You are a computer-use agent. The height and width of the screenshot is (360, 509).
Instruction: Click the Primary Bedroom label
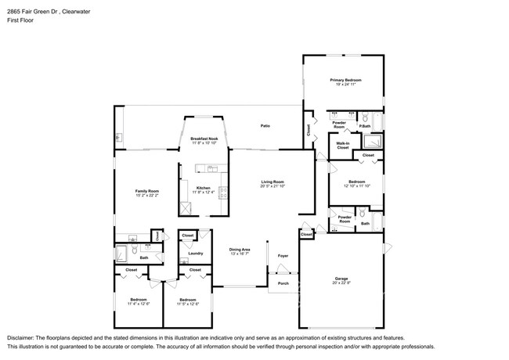click(345, 81)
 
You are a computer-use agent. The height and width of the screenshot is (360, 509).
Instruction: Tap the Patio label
click(265, 126)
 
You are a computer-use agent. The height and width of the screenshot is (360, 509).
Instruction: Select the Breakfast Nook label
click(204, 139)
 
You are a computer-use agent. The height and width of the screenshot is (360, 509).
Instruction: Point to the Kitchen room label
click(203, 187)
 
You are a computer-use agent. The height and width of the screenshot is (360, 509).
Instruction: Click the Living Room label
click(272, 182)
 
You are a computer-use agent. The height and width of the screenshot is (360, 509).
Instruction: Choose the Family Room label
click(148, 191)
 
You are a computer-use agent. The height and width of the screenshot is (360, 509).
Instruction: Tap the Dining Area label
click(240, 249)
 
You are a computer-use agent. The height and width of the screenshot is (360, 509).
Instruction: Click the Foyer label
click(283, 255)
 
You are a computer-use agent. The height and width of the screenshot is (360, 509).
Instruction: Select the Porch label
click(283, 283)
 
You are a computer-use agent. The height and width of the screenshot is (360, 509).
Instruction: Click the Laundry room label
click(196, 253)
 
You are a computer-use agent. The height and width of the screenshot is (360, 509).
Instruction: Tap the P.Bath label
click(365, 125)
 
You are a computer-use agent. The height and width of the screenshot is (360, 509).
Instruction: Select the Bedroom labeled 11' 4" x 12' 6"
click(138, 300)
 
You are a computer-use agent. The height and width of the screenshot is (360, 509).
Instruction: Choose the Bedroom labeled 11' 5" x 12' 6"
click(187, 300)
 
